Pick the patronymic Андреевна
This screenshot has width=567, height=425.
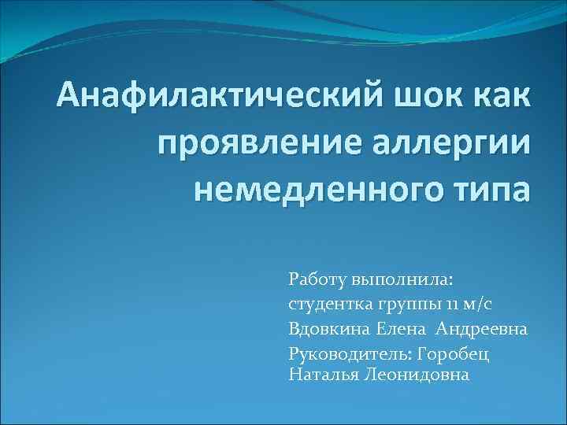(x=483, y=327)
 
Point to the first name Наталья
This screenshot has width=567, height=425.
(x=323, y=375)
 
